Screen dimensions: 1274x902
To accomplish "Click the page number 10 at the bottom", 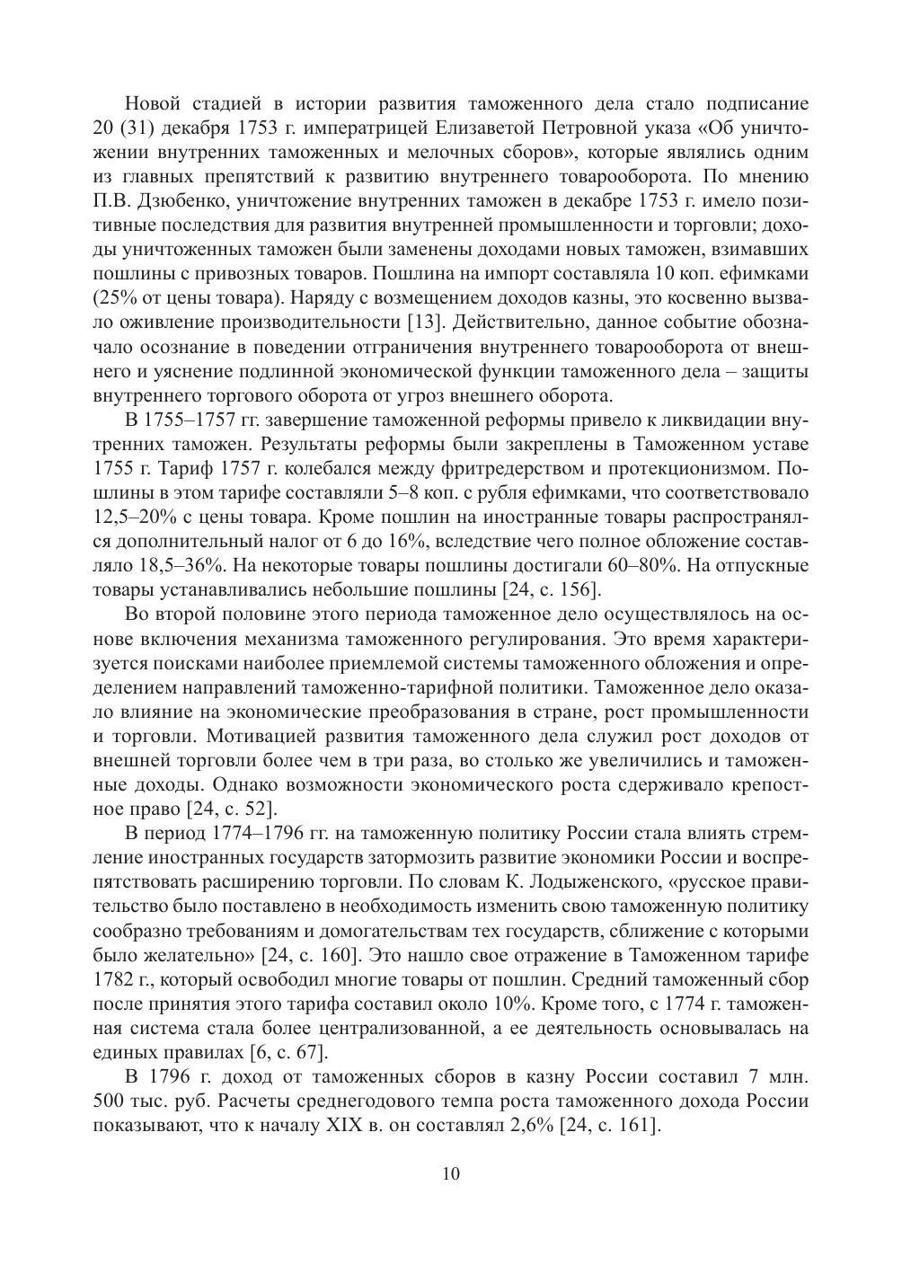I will tap(451, 1174).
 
